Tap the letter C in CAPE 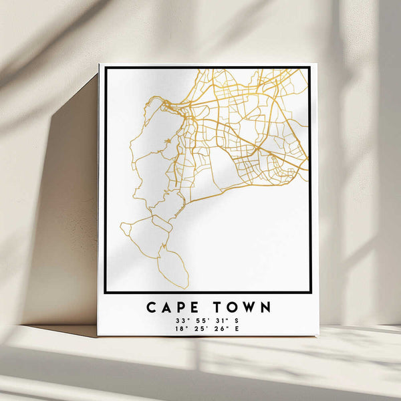point(151,307)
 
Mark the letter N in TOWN point(265,307)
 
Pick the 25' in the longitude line point(196,329)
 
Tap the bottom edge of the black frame point(207,292)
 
